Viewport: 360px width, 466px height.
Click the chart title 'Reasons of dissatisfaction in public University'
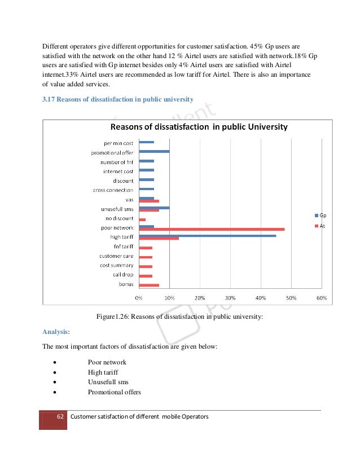(198, 126)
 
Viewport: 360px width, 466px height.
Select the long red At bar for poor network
(212, 229)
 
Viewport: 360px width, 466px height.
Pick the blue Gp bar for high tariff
(207, 235)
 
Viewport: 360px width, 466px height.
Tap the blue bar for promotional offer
(153, 151)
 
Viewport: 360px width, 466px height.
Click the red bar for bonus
(148, 285)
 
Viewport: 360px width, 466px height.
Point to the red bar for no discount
(142, 219)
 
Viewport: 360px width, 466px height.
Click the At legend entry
(320, 226)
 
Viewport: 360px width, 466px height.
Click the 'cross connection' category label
(113, 190)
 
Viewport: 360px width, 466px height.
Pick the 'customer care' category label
(116, 256)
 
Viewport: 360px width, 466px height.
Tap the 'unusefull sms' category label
(116, 209)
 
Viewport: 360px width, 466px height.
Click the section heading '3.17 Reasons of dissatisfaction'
(118, 99)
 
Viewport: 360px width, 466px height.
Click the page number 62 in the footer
(59, 416)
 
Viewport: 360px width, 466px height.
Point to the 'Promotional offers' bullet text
(114, 392)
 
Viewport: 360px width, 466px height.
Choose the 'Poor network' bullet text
(107, 362)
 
